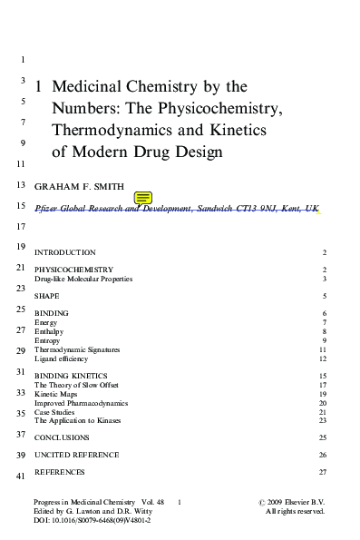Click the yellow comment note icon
coord(143,197)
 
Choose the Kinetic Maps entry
coord(56,394)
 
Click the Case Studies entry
coord(55,411)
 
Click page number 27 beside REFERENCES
coord(322,472)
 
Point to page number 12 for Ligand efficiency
coord(322,358)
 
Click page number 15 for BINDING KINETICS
coord(322,376)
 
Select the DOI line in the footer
coord(92,521)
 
